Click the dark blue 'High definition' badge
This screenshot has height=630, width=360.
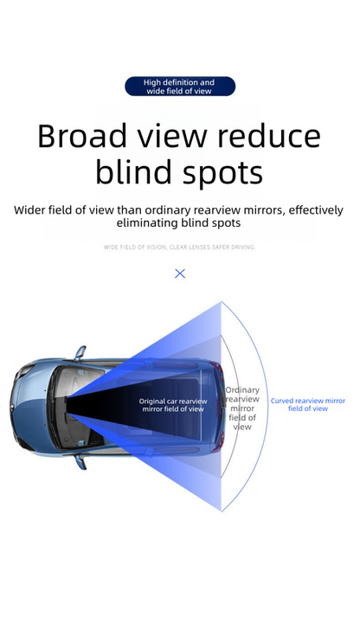click(x=180, y=87)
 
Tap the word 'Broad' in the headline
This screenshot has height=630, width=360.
click(x=82, y=136)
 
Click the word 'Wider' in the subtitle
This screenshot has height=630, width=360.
click(x=30, y=210)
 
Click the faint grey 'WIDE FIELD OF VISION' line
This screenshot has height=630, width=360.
click(x=179, y=247)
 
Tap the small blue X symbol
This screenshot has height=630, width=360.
click(x=180, y=273)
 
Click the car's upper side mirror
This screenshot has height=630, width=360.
click(x=80, y=352)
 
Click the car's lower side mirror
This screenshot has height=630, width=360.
click(x=80, y=462)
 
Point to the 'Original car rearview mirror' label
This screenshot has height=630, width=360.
click(x=173, y=405)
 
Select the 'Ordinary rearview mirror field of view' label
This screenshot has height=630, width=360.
click(x=242, y=408)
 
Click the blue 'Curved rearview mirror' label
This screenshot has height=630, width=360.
click(x=308, y=405)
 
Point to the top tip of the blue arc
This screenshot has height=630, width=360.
click(x=222, y=302)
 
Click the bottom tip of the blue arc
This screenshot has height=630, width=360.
click(x=222, y=511)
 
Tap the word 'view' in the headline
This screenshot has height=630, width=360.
click(x=173, y=136)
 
